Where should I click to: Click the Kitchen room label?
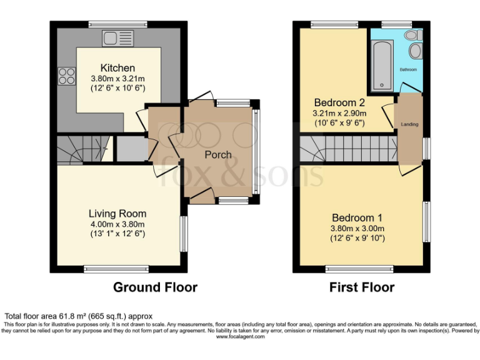pyautogui.click(x=117, y=68)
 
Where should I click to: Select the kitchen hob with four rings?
pyautogui.click(x=66, y=76)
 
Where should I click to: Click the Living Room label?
pyautogui.click(x=117, y=214)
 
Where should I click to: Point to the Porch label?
pyautogui.click(x=218, y=154)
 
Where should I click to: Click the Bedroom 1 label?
pyautogui.click(x=357, y=217)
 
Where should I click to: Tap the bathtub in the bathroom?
pyautogui.click(x=381, y=65)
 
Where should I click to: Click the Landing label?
pyautogui.click(x=410, y=124)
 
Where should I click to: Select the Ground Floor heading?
pyautogui.click(x=155, y=287)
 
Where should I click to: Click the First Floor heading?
pyautogui.click(x=362, y=287)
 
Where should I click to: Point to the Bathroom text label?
pyautogui.click(x=409, y=69)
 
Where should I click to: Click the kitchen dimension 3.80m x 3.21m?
pyautogui.click(x=117, y=79)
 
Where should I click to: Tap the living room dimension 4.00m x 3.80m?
pyautogui.click(x=117, y=224)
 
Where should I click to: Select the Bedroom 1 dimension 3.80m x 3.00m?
pyautogui.click(x=357, y=228)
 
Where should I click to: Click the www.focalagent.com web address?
pyautogui.click(x=240, y=336)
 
